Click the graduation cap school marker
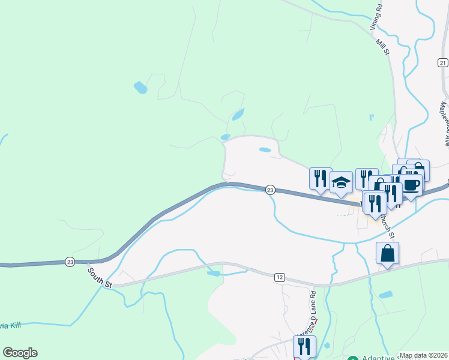click(341, 182)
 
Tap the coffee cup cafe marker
click(411, 185)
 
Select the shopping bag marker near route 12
click(388, 253)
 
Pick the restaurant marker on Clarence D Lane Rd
click(304, 346)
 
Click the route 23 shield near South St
click(70, 262)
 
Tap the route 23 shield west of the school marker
click(270, 190)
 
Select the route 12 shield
click(280, 277)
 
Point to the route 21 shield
click(443, 62)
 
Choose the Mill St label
click(382, 47)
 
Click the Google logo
click(20, 353)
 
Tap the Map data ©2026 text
click(424, 355)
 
